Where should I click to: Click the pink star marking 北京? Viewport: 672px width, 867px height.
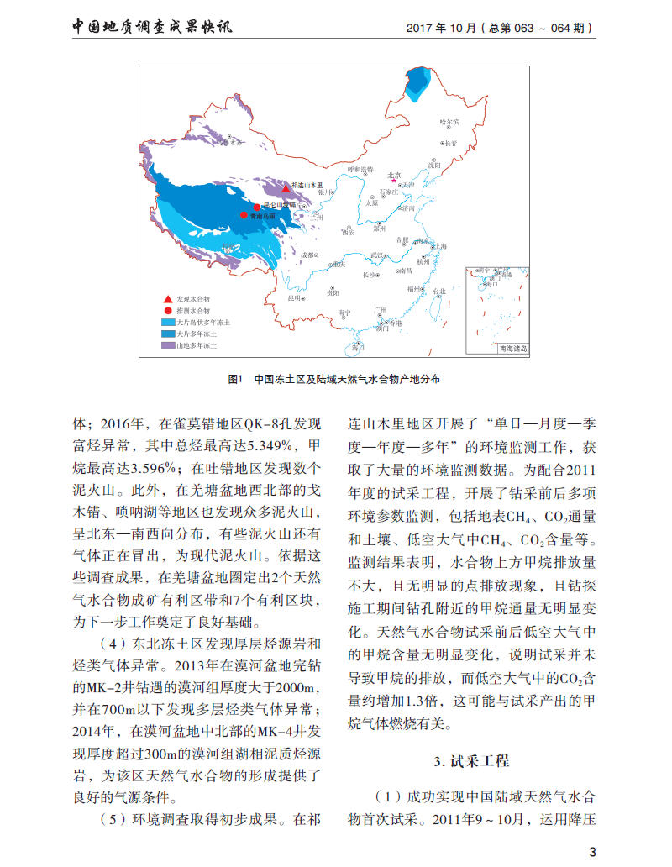pyautogui.click(x=393, y=181)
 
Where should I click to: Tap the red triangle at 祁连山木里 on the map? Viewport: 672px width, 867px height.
pyautogui.click(x=286, y=189)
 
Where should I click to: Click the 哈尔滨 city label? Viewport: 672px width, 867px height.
pyautogui.click(x=450, y=123)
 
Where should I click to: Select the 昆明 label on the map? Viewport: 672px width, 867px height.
pyautogui.click(x=293, y=297)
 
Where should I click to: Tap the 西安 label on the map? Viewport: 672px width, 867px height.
pyautogui.click(x=348, y=231)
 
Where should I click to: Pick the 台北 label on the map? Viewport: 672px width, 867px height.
pyautogui.click(x=438, y=291)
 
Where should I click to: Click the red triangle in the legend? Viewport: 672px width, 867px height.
pyautogui.click(x=169, y=298)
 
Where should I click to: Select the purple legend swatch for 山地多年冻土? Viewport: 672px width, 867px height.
pyautogui.click(x=168, y=345)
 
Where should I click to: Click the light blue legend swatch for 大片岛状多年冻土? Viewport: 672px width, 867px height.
pyautogui.click(x=168, y=322)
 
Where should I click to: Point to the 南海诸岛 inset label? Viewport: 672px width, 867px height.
pyautogui.click(x=512, y=348)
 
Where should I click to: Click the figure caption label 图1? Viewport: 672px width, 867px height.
pyautogui.click(x=235, y=380)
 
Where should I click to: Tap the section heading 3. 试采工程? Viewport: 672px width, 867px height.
pyautogui.click(x=471, y=761)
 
